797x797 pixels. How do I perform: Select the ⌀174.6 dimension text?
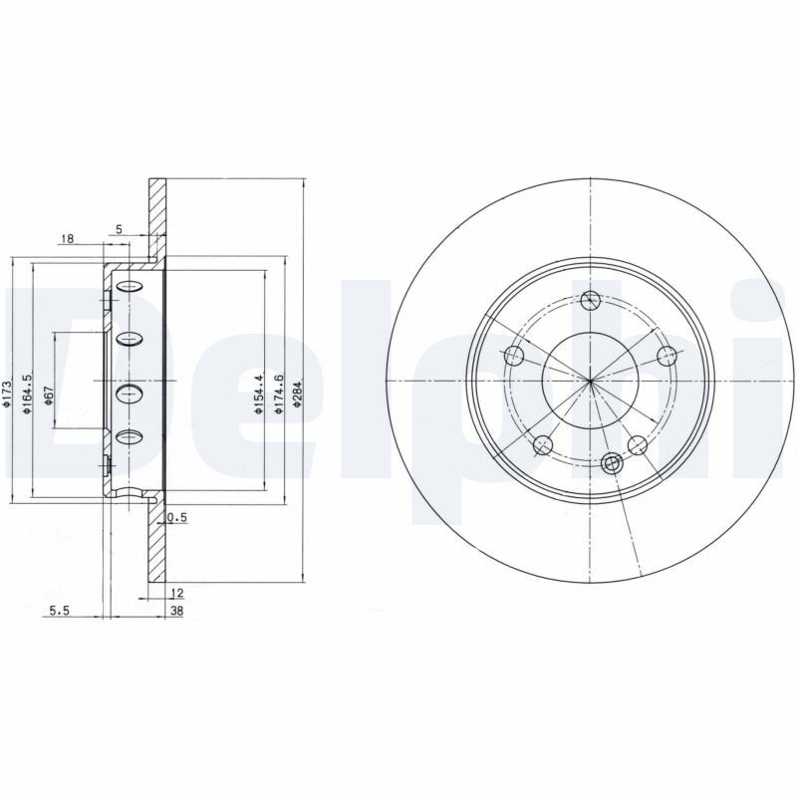(280, 391)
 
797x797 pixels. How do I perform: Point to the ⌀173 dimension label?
(7, 394)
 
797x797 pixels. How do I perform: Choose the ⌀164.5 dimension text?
(29, 390)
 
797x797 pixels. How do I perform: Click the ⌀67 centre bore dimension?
(48, 397)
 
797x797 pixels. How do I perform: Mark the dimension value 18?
(68, 238)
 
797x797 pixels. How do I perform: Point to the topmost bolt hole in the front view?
(591, 299)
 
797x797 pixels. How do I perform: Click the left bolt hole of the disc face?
(515, 355)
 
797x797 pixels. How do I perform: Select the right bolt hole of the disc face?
(666, 355)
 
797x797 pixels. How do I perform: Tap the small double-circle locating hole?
(611, 461)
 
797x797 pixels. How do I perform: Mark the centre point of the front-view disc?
(591, 382)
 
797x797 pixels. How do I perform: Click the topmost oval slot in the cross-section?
(131, 289)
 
